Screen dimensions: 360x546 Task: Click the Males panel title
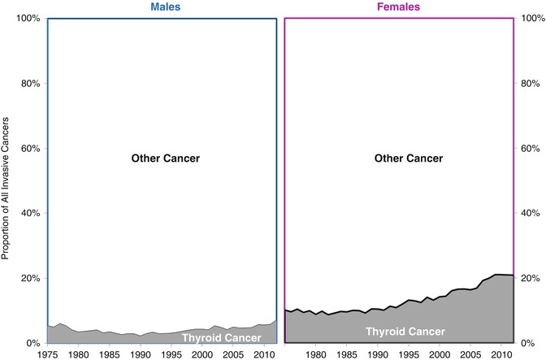click(162, 7)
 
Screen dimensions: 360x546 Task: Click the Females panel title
click(399, 7)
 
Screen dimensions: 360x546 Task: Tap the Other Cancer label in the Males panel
click(165, 158)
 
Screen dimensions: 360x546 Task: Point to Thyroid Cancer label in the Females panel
click(405, 332)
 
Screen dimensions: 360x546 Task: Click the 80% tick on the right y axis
click(531, 83)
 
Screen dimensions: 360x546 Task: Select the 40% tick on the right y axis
click(531, 213)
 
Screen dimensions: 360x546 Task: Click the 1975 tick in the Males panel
click(48, 353)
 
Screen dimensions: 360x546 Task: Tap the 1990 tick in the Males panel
click(141, 353)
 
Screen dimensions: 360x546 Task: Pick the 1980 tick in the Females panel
click(315, 353)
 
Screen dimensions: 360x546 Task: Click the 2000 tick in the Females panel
click(439, 353)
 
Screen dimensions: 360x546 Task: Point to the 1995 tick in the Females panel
click(408, 353)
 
